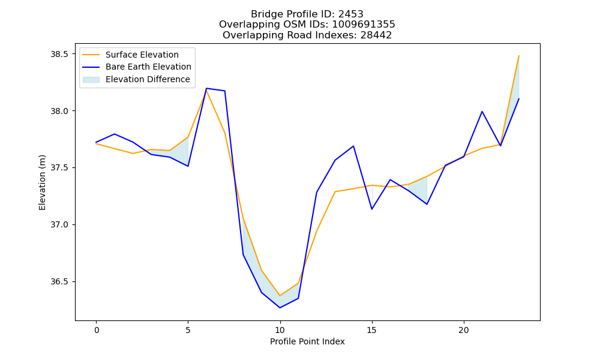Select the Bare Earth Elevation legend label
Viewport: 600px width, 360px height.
pos(148,67)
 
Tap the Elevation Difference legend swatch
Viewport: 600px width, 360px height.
pos(91,79)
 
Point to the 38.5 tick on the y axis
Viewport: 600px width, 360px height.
pos(59,54)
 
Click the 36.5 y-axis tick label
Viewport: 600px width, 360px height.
pos(59,281)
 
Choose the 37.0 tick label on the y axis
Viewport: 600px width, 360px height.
pos(59,224)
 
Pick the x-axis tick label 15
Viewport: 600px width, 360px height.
pos(371,330)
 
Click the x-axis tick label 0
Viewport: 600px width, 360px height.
pos(97,330)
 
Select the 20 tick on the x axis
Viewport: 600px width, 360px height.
pos(464,330)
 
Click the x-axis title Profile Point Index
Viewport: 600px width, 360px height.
pos(307,341)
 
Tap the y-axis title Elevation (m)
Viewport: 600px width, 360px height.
pos(42,182)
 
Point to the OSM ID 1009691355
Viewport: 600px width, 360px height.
pos(364,25)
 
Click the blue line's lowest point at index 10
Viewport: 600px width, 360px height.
pos(280,308)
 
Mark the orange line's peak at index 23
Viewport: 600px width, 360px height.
pos(518,56)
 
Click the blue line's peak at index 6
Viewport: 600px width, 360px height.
pos(206,88)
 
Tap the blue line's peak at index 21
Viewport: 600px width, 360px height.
pos(482,112)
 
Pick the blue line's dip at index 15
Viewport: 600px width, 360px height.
pos(371,209)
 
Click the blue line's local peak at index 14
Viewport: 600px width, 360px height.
pos(353,146)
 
